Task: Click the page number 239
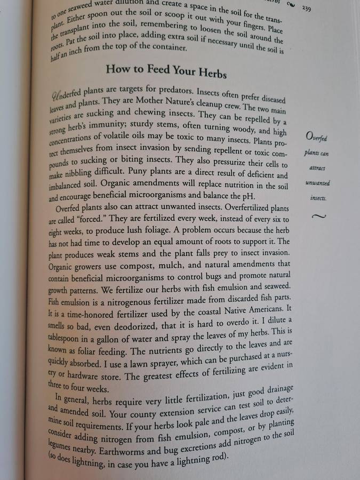[x=307, y=8]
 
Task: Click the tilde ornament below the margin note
[x=318, y=217]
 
